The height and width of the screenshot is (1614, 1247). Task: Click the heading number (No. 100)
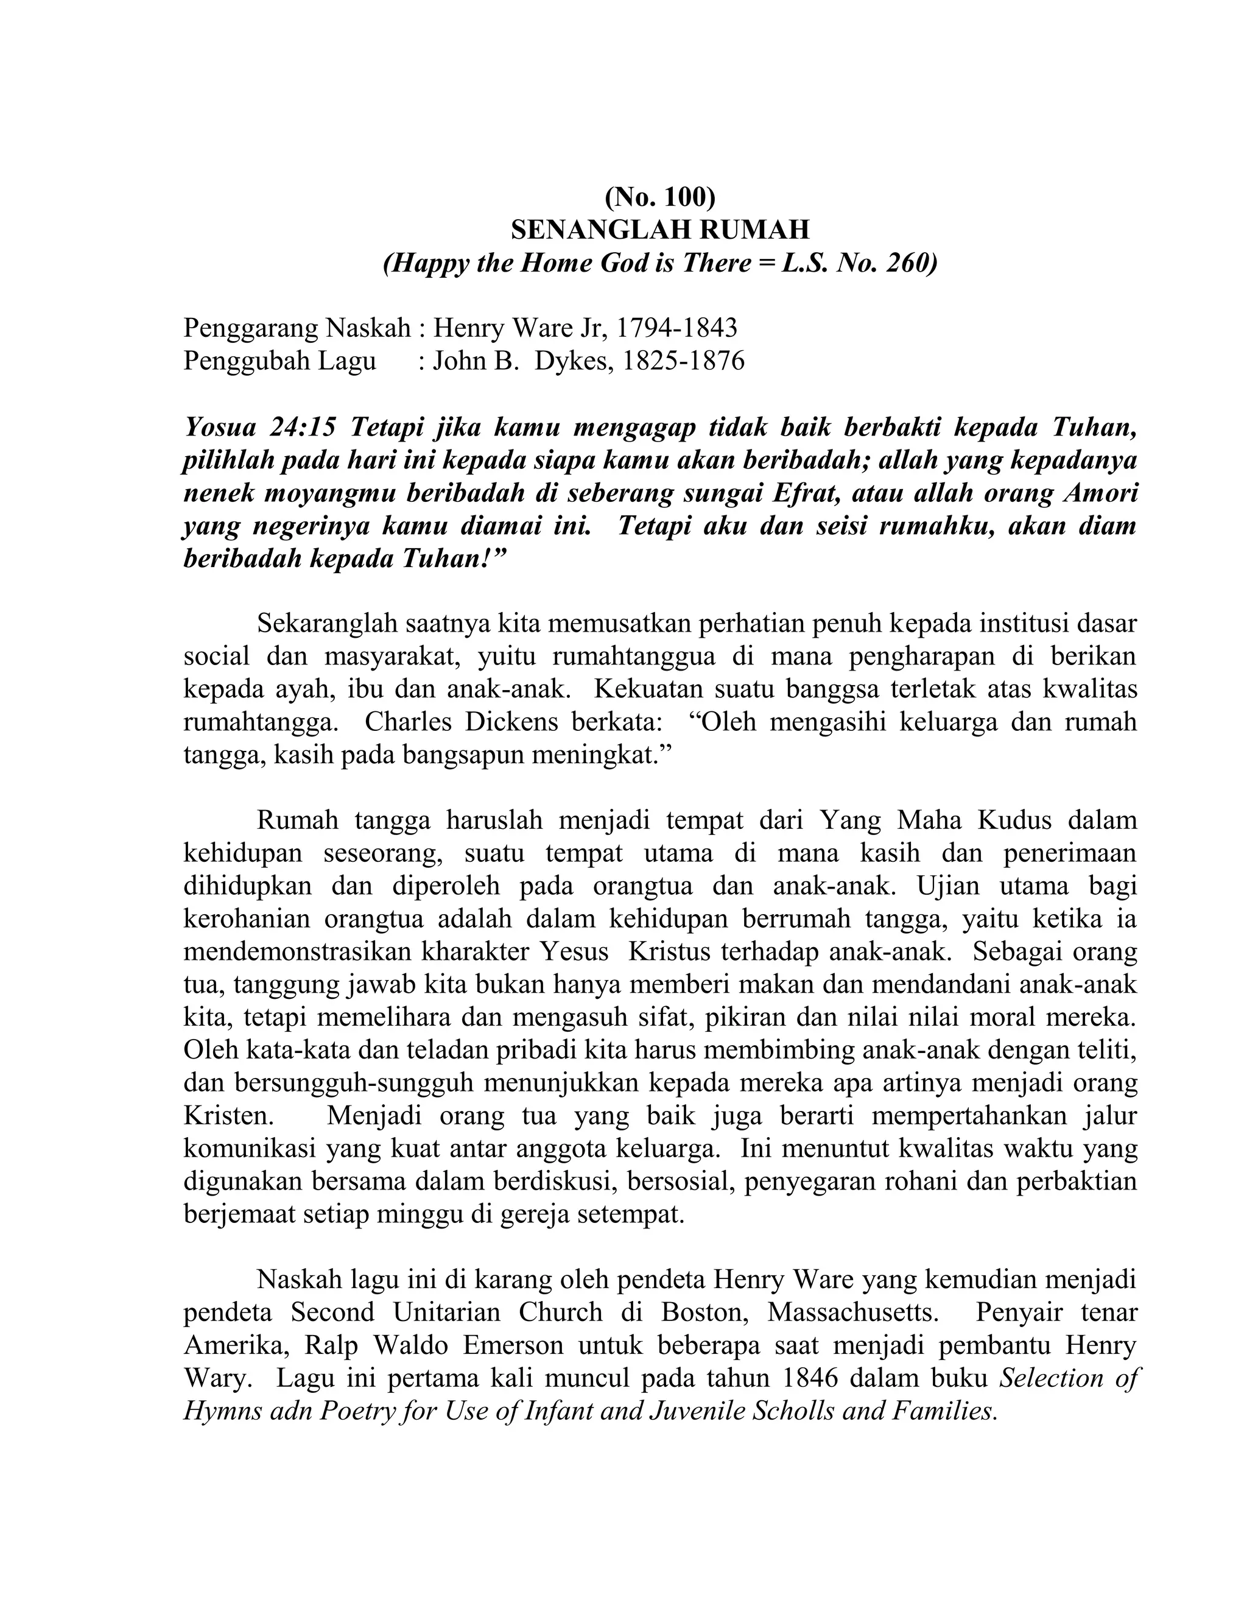(x=659, y=197)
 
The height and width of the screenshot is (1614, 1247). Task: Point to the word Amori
(x=1099, y=492)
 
